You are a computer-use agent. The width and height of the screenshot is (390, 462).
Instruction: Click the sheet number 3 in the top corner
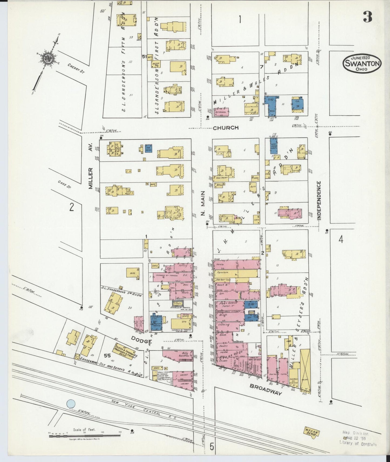(x=367, y=17)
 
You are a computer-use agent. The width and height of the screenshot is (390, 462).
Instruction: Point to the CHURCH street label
(x=226, y=128)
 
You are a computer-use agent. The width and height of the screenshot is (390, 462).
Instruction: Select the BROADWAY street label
(x=266, y=389)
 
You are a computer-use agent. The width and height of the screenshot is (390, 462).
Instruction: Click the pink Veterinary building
(x=221, y=112)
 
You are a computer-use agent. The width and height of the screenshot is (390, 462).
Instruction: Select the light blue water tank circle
(x=71, y=404)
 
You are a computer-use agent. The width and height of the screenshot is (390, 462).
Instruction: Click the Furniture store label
(x=222, y=272)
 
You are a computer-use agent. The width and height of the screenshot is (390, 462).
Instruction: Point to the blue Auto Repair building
(x=274, y=146)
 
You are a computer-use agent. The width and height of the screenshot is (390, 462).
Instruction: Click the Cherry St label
(x=75, y=67)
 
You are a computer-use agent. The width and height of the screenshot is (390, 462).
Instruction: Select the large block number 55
(x=107, y=356)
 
